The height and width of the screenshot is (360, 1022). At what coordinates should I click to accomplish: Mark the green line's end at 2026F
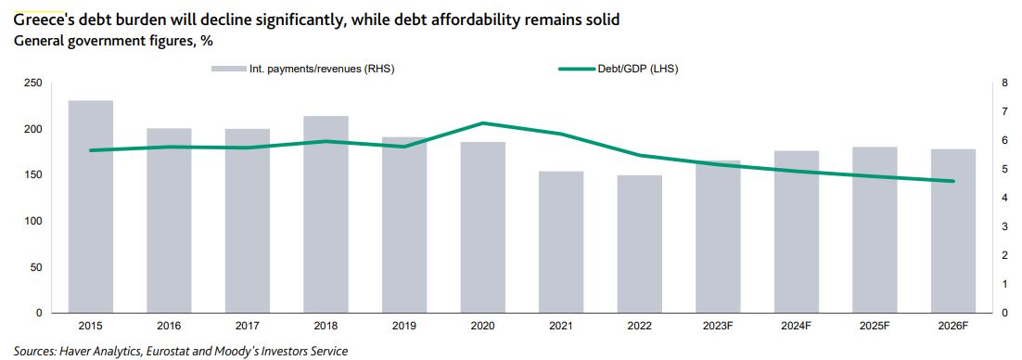point(953,181)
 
